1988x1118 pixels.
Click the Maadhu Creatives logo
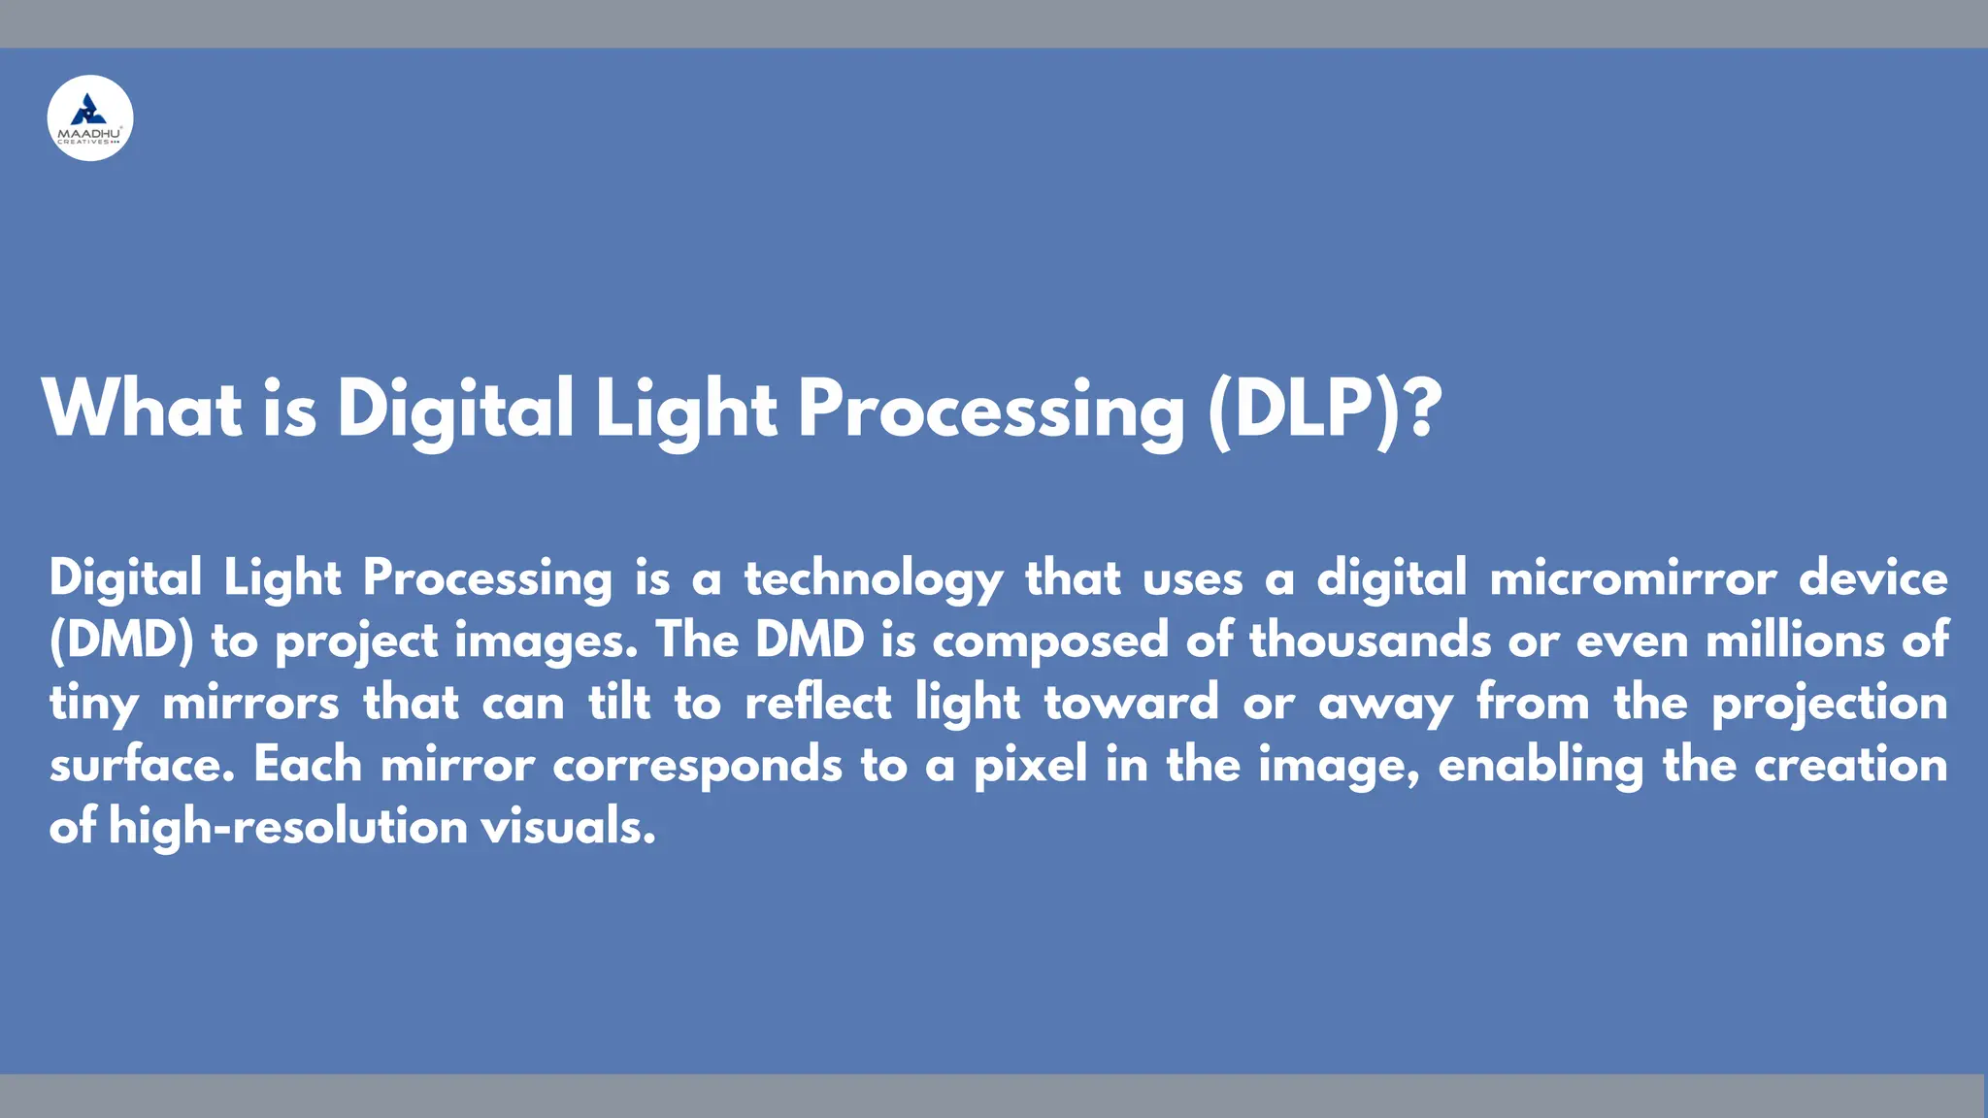(x=90, y=118)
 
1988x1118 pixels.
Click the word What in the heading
(x=142, y=409)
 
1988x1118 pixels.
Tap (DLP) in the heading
(x=1307, y=409)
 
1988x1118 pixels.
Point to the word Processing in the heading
(x=990, y=409)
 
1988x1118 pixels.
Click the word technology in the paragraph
(x=874, y=579)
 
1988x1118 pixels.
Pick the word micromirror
(x=1633, y=579)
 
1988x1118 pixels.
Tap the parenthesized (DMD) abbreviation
(x=122, y=641)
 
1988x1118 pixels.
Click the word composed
(x=1050, y=641)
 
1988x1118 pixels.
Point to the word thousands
(x=1370, y=641)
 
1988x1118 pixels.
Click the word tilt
(x=619, y=704)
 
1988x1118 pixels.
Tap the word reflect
(x=817, y=704)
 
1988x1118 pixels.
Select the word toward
(x=1131, y=704)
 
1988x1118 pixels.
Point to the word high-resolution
(x=288, y=828)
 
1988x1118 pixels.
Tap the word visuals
(x=568, y=828)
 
